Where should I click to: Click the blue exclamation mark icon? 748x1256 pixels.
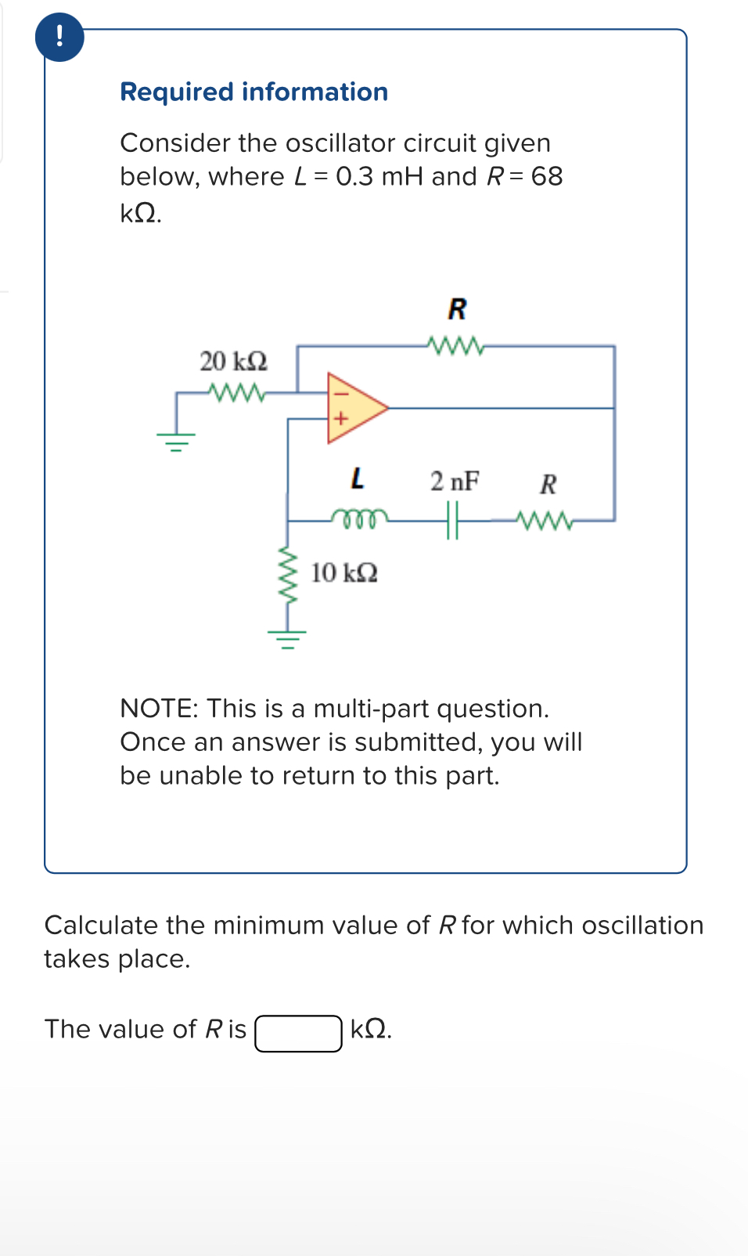click(59, 37)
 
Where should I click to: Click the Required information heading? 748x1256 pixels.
click(254, 92)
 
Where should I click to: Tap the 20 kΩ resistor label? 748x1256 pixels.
click(233, 361)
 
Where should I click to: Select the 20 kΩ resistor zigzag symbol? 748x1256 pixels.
click(237, 391)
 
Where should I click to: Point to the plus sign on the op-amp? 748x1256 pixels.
click(339, 419)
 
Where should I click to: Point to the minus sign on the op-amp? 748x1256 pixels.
click(339, 394)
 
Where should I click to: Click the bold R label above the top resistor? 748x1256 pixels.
click(457, 309)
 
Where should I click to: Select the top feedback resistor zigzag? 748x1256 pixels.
click(456, 345)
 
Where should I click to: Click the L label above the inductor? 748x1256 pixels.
click(357, 478)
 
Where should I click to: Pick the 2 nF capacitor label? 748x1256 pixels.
click(455, 481)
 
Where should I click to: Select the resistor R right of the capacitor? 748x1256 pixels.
click(545, 519)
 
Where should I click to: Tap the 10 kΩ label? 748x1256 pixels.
click(344, 573)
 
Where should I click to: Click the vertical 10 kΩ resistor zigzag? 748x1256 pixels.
click(288, 576)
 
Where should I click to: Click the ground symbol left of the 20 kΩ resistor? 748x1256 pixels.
click(176, 442)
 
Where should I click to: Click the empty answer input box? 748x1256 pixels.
click(298, 1033)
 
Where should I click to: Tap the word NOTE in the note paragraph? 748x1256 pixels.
click(159, 708)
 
